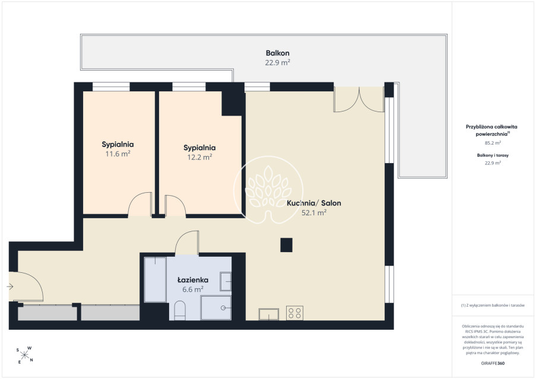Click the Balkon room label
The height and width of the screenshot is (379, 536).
point(278,53)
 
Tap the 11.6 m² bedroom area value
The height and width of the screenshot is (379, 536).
point(118,154)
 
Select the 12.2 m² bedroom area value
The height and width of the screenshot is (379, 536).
point(199,157)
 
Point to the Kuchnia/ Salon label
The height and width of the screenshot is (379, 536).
point(314,203)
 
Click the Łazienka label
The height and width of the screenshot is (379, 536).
point(193,280)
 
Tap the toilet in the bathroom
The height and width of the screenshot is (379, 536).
point(180,310)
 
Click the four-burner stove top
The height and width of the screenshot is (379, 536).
point(294,313)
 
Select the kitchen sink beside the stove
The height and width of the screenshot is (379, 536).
point(269,314)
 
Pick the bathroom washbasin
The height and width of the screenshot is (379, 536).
point(226,281)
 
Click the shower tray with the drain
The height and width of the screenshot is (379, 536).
point(216,308)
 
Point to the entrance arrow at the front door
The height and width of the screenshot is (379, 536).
point(10,287)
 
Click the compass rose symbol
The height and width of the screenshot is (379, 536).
point(24,355)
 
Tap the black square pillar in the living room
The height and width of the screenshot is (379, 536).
point(287,245)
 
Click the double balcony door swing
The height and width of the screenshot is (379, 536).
point(359,100)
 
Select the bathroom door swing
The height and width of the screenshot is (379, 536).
point(186,243)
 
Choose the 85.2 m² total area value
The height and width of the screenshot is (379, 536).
point(493,143)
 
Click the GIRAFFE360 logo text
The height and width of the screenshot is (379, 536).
point(493,364)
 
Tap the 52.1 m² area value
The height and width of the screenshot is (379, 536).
point(314,213)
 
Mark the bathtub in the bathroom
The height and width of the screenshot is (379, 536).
point(155,279)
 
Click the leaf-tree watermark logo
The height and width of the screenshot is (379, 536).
point(268,190)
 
